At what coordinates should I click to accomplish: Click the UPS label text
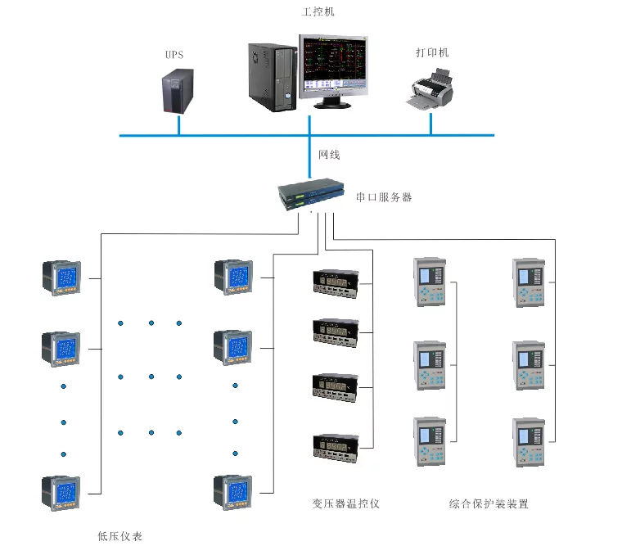point(174,56)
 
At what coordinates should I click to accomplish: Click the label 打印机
point(431,53)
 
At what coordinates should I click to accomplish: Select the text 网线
point(329,155)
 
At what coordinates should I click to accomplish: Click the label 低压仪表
point(119,536)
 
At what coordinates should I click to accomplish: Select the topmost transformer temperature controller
point(336,283)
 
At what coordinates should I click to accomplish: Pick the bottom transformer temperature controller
point(336,446)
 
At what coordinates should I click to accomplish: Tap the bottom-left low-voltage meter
point(62,493)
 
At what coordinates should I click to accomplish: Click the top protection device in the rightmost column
point(528,282)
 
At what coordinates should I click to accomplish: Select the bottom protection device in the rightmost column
point(528,442)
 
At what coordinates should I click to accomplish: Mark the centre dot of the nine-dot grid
point(151,377)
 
